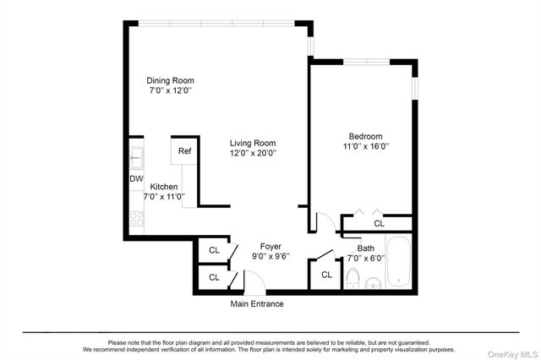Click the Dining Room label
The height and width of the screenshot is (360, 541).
(172, 80)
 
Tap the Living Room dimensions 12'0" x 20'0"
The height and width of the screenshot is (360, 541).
(253, 154)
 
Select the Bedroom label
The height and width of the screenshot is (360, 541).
(366, 136)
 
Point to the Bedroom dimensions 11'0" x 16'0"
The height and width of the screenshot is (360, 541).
(366, 146)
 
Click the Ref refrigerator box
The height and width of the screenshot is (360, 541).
(184, 151)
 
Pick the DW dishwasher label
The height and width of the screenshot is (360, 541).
(136, 179)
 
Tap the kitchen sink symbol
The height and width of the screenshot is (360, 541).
(136, 156)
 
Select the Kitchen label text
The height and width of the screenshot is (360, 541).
(164, 187)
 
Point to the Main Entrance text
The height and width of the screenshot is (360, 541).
(257, 304)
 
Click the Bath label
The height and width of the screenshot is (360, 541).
(366, 248)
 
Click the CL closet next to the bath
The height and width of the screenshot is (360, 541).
(326, 275)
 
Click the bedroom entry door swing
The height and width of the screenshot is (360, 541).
(321, 222)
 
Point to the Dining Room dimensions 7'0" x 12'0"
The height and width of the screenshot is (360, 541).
(172, 90)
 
